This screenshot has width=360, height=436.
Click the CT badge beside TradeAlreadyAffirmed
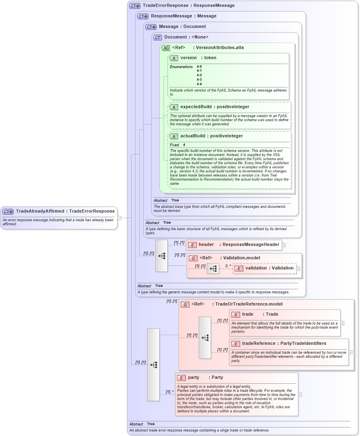click(8, 212)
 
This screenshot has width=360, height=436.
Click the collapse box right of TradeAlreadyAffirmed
click(119, 218)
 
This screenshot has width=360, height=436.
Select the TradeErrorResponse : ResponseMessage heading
click(188, 6)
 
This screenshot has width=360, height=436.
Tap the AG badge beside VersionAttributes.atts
click(166, 48)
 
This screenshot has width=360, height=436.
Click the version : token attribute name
click(198, 58)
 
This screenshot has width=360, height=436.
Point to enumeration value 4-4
click(199, 84)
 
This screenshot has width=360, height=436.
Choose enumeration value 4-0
click(199, 66)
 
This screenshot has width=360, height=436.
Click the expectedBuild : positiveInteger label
click(215, 107)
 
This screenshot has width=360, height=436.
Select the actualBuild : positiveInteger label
click(211, 136)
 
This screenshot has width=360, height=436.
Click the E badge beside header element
click(192, 245)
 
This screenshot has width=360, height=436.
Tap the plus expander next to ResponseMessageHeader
click(284, 245)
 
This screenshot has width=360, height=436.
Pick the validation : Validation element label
click(269, 268)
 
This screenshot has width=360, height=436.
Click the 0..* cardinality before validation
click(228, 266)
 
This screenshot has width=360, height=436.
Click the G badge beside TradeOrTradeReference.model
click(185, 304)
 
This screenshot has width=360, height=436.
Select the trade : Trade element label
click(260, 314)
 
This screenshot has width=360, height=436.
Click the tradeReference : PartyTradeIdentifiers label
click(283, 344)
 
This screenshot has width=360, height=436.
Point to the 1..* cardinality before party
click(170, 392)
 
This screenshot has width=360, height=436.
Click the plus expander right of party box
click(300, 394)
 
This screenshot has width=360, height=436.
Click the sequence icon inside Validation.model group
click(213, 269)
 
